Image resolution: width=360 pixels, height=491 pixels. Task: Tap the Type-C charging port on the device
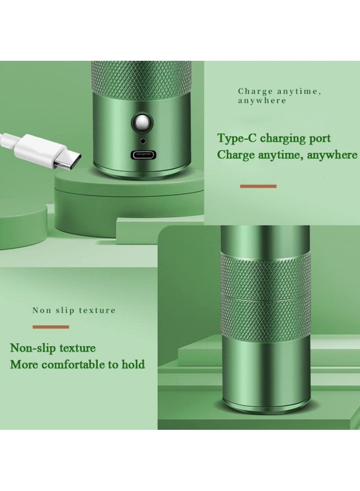point(143,155)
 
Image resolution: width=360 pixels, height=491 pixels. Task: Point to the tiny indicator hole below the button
point(143,140)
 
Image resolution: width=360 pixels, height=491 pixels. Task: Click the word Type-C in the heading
point(234,138)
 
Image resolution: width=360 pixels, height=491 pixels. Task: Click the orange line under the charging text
point(258,186)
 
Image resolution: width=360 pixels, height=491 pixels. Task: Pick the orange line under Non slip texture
point(50,327)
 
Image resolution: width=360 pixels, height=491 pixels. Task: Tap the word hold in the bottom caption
point(134,364)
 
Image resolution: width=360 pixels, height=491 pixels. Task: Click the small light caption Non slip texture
point(74,310)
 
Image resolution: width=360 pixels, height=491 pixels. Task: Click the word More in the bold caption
point(22,364)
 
